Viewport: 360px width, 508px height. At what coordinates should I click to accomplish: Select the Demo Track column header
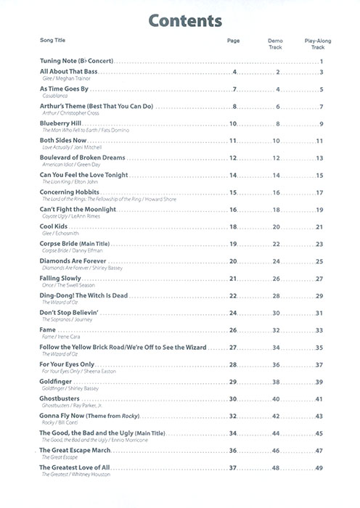click(277, 44)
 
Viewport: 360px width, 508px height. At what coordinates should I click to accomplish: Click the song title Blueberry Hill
click(62, 123)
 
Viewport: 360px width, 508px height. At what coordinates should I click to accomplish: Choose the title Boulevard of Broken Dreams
click(82, 157)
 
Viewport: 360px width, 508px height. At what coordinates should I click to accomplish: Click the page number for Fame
click(233, 330)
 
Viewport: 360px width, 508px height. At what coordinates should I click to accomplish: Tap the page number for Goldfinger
click(233, 382)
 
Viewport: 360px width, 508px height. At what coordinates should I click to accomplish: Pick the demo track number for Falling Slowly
click(276, 279)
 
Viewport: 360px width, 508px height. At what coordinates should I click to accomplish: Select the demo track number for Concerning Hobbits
click(276, 192)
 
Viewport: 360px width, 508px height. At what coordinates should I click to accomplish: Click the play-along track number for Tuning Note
click(320, 62)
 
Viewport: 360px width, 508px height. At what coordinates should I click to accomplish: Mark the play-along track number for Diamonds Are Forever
click(319, 261)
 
